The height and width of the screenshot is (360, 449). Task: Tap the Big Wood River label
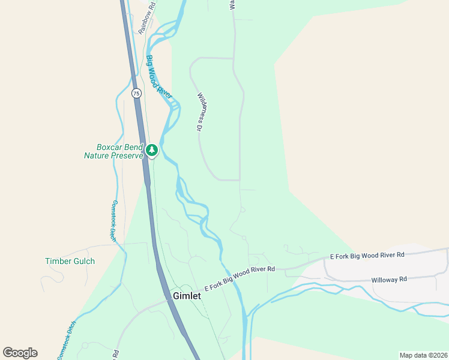click(159, 77)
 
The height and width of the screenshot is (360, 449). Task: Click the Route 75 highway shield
click(136, 93)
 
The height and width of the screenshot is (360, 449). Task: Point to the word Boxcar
click(110, 147)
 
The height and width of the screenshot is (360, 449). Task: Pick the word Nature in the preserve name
click(98, 155)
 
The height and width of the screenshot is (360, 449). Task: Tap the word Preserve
click(127, 155)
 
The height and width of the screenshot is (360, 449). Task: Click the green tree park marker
click(152, 149)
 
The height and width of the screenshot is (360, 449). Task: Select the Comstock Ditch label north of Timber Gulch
click(112, 221)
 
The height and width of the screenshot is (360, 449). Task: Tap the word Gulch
click(83, 261)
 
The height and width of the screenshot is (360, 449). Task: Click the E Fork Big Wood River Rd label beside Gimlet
click(240, 278)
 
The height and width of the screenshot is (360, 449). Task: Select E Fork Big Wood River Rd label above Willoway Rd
click(367, 256)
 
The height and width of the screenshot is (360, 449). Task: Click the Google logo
click(20, 353)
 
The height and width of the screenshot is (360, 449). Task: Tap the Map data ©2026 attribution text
click(423, 355)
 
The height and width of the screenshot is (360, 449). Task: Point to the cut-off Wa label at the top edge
click(232, 4)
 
